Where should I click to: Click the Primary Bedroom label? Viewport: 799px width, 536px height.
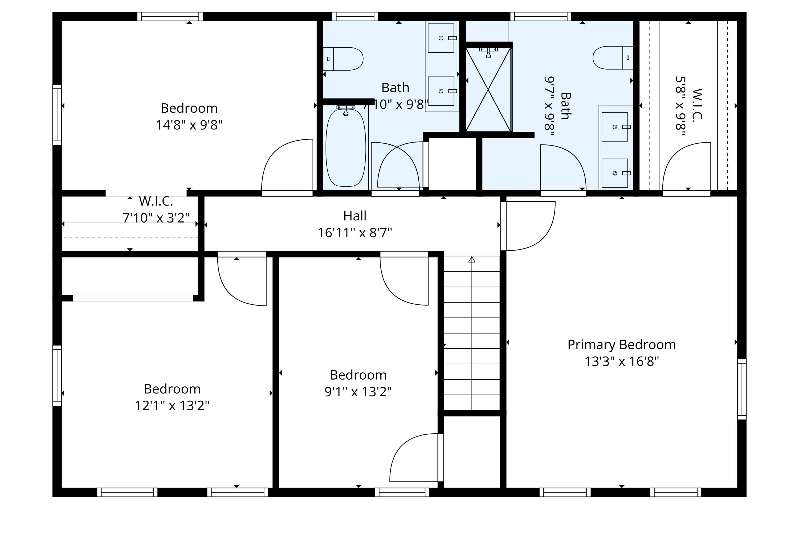pos(621,345)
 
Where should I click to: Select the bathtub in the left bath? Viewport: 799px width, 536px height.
pos(346,148)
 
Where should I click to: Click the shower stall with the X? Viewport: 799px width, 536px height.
pos(488,90)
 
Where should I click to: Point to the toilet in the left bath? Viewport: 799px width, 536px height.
pos(343,59)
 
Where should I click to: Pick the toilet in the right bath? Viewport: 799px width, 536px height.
pos(613,58)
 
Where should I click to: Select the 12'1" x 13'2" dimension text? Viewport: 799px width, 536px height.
pos(172,406)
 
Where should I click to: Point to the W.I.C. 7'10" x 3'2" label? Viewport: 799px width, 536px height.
pos(156,209)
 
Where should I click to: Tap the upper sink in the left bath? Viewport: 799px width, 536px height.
pos(441,38)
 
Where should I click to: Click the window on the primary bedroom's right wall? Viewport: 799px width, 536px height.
pos(742,389)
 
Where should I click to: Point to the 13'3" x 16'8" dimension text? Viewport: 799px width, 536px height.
pos(621,362)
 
